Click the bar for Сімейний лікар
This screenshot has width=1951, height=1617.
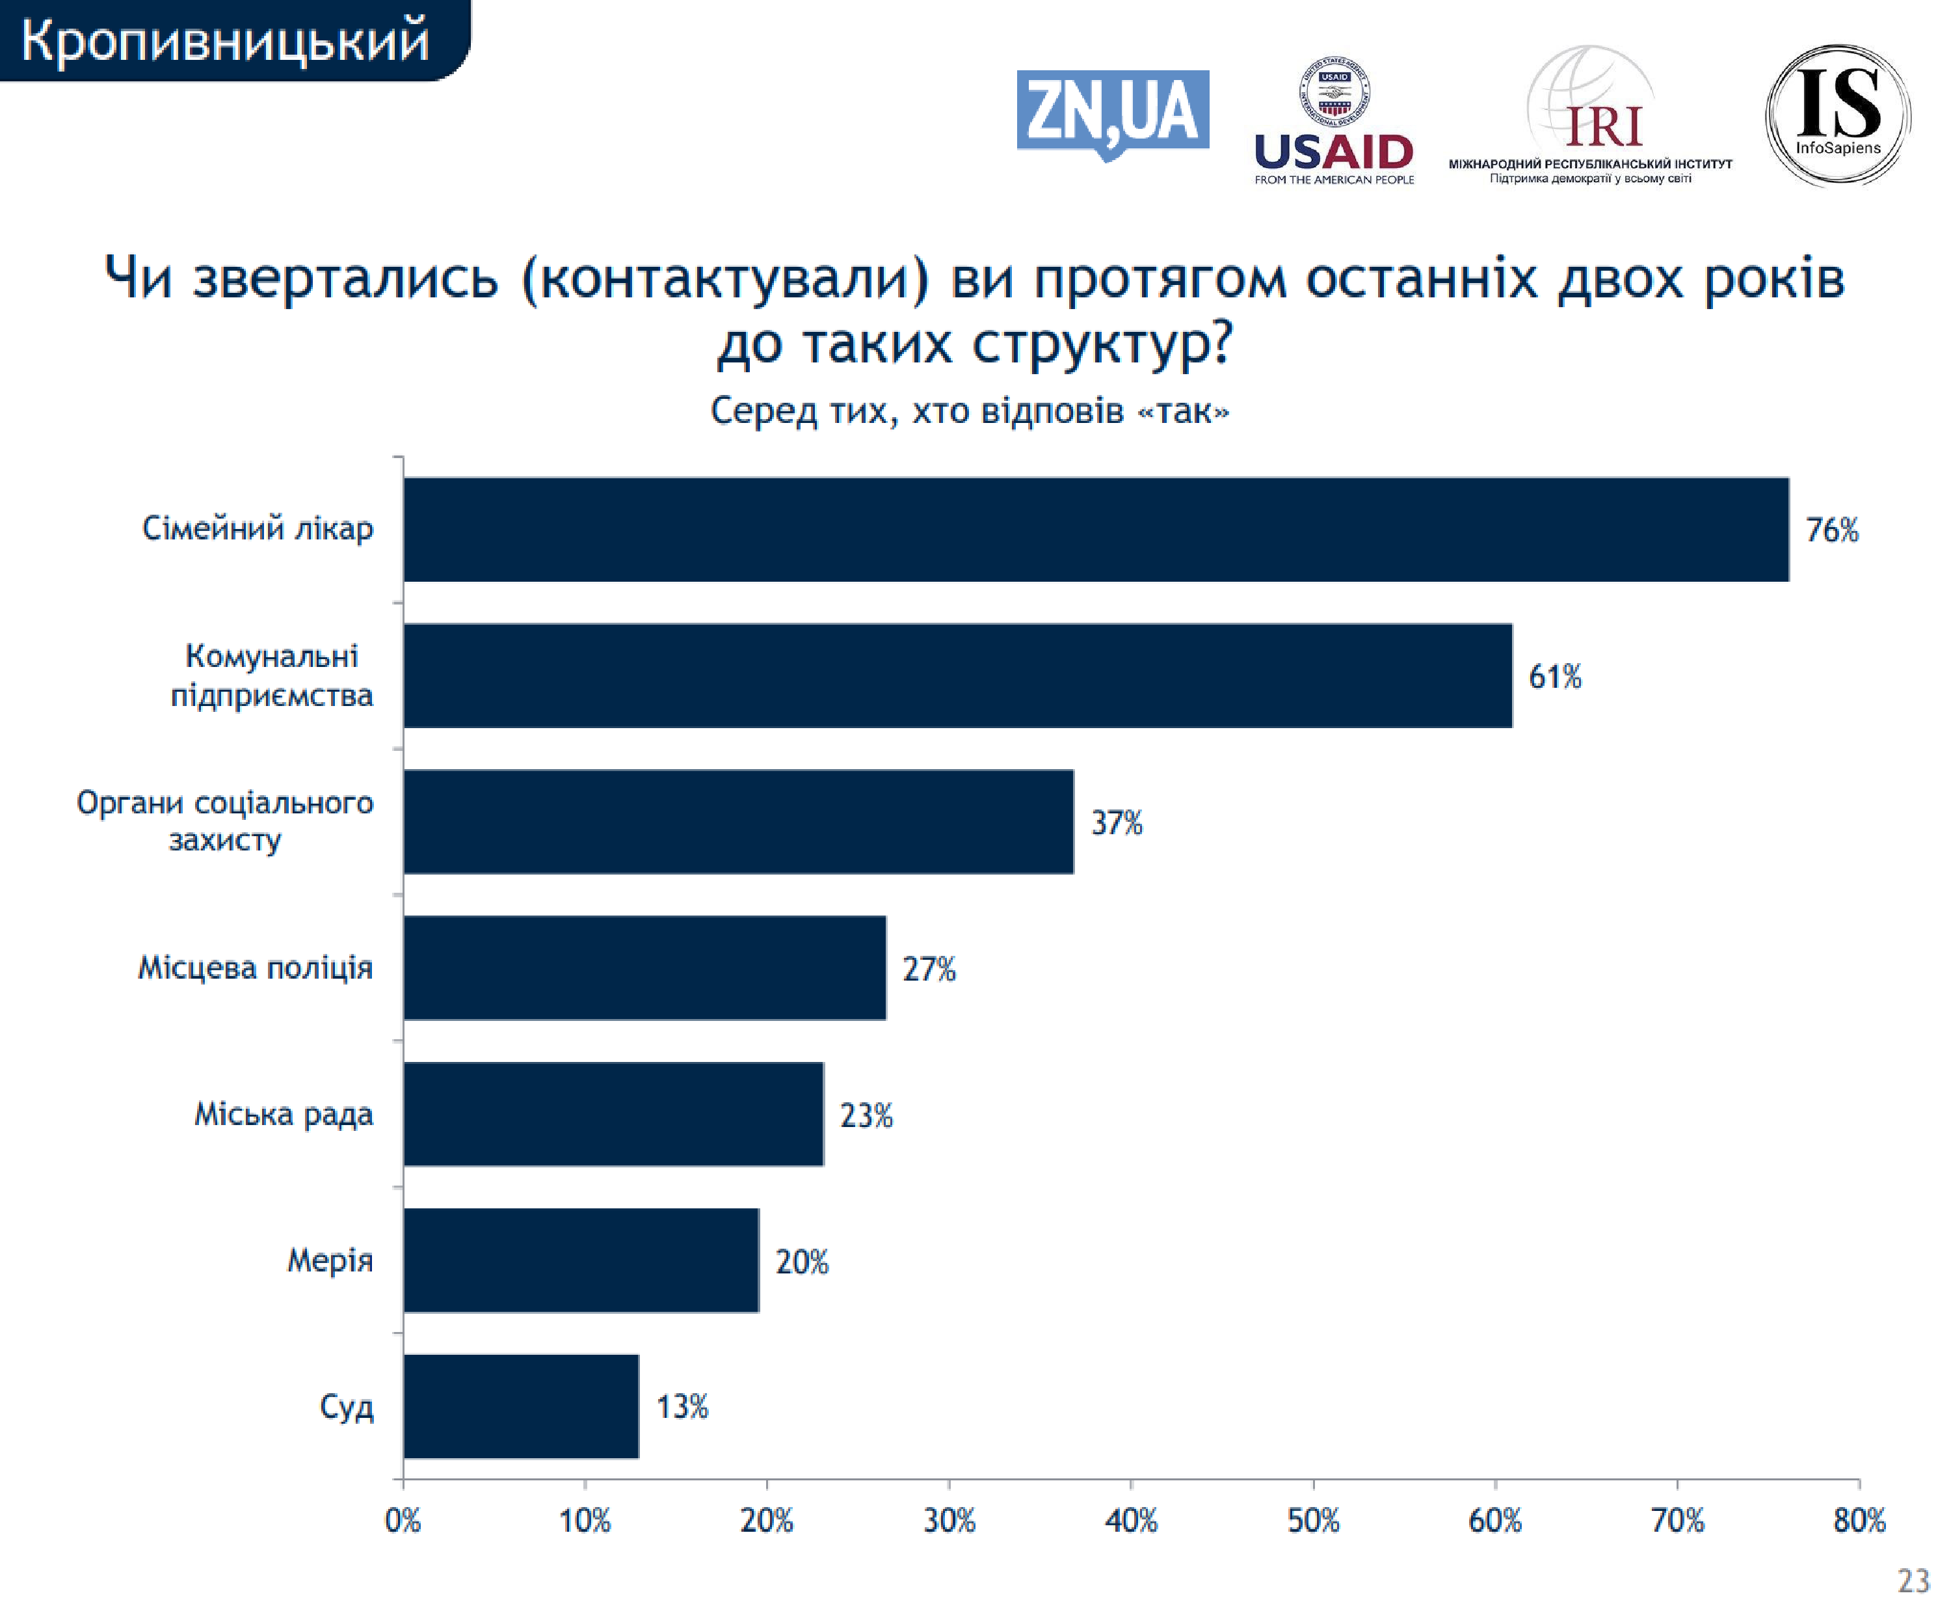coord(1096,530)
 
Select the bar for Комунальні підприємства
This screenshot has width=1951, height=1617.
coord(957,675)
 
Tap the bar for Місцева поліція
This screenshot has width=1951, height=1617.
coord(644,968)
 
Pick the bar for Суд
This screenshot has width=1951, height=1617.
coord(521,1406)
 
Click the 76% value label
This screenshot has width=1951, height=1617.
coord(1831,530)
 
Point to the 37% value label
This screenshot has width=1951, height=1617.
coord(1116,822)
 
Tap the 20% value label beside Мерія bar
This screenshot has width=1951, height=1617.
coord(802,1261)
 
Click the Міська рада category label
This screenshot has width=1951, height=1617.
coord(284,1113)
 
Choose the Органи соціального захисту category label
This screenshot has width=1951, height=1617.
coord(225,821)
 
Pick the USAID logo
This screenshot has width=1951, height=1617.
coord(1334,121)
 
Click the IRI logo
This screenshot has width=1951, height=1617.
coord(1591,116)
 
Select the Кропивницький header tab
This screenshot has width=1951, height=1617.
coord(228,41)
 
